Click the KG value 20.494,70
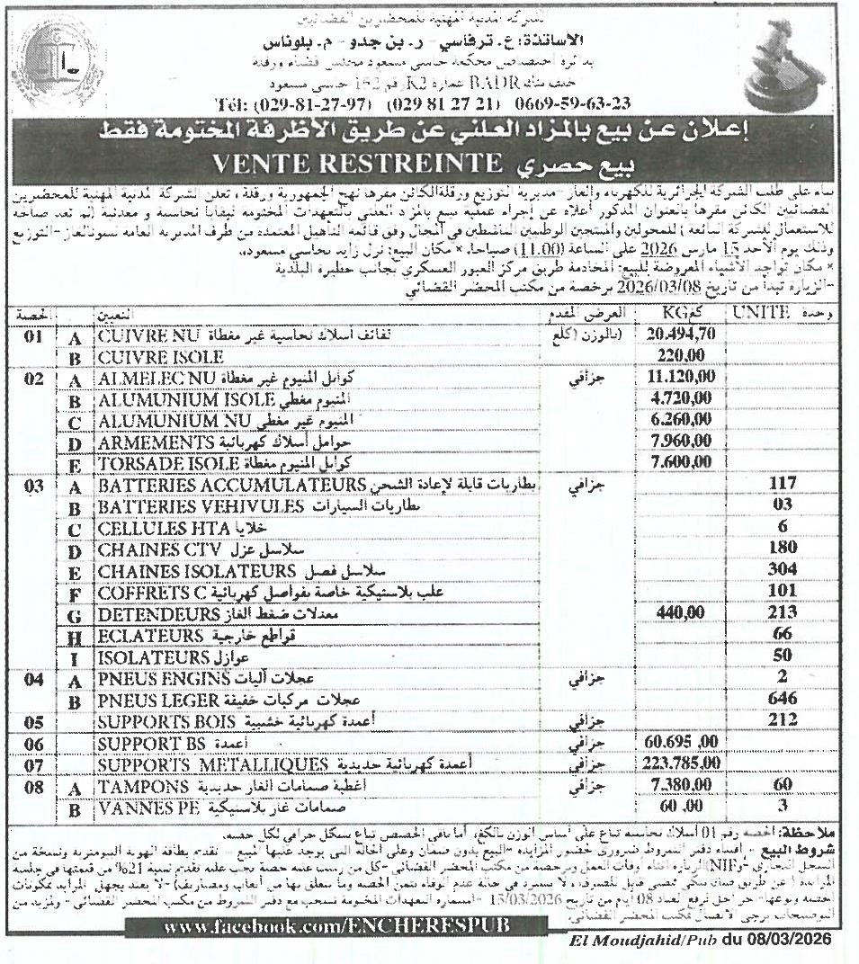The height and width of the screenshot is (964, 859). coord(680,334)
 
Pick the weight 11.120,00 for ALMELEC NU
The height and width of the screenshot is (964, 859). coord(680,379)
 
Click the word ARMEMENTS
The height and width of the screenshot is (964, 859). coord(153,442)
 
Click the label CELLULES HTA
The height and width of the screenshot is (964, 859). coord(148,528)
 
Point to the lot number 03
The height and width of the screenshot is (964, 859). coord(34,486)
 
